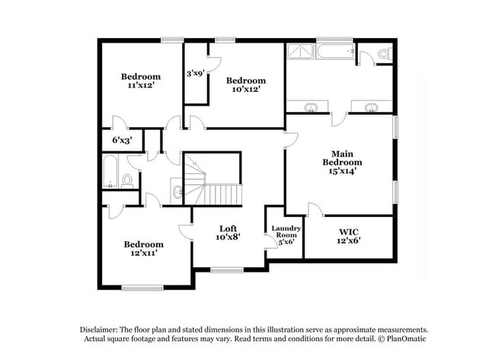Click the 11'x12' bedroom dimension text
tap(141, 87)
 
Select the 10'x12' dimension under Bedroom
tap(245, 89)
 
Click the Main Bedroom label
tap(342, 158)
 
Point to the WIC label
tap(348, 231)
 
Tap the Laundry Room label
tap(286, 231)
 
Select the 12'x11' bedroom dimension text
tap(144, 253)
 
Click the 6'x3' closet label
tap(123, 141)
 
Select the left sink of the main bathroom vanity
tap(312, 107)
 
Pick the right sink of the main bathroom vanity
tap(372, 107)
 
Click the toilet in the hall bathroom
tap(127, 181)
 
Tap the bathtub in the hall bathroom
tap(110, 172)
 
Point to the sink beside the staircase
tap(177, 192)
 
